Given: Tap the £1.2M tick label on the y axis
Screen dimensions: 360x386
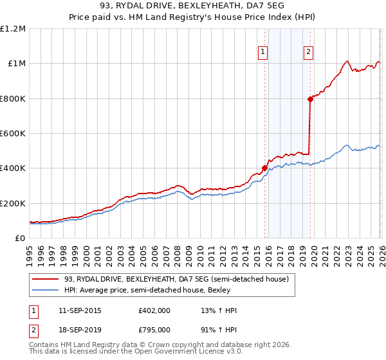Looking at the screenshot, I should tap(14, 29).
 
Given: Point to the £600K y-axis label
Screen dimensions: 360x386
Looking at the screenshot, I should tap(13, 134).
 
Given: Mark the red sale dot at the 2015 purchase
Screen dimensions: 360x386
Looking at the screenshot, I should tap(264, 168).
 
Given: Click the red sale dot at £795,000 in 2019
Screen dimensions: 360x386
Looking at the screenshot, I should tap(310, 99).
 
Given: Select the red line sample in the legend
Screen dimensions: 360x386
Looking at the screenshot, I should tap(45, 279).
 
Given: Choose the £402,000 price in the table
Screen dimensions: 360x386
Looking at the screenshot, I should tap(154, 310).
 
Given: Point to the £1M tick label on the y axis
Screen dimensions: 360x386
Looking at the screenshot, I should tap(16, 64).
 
